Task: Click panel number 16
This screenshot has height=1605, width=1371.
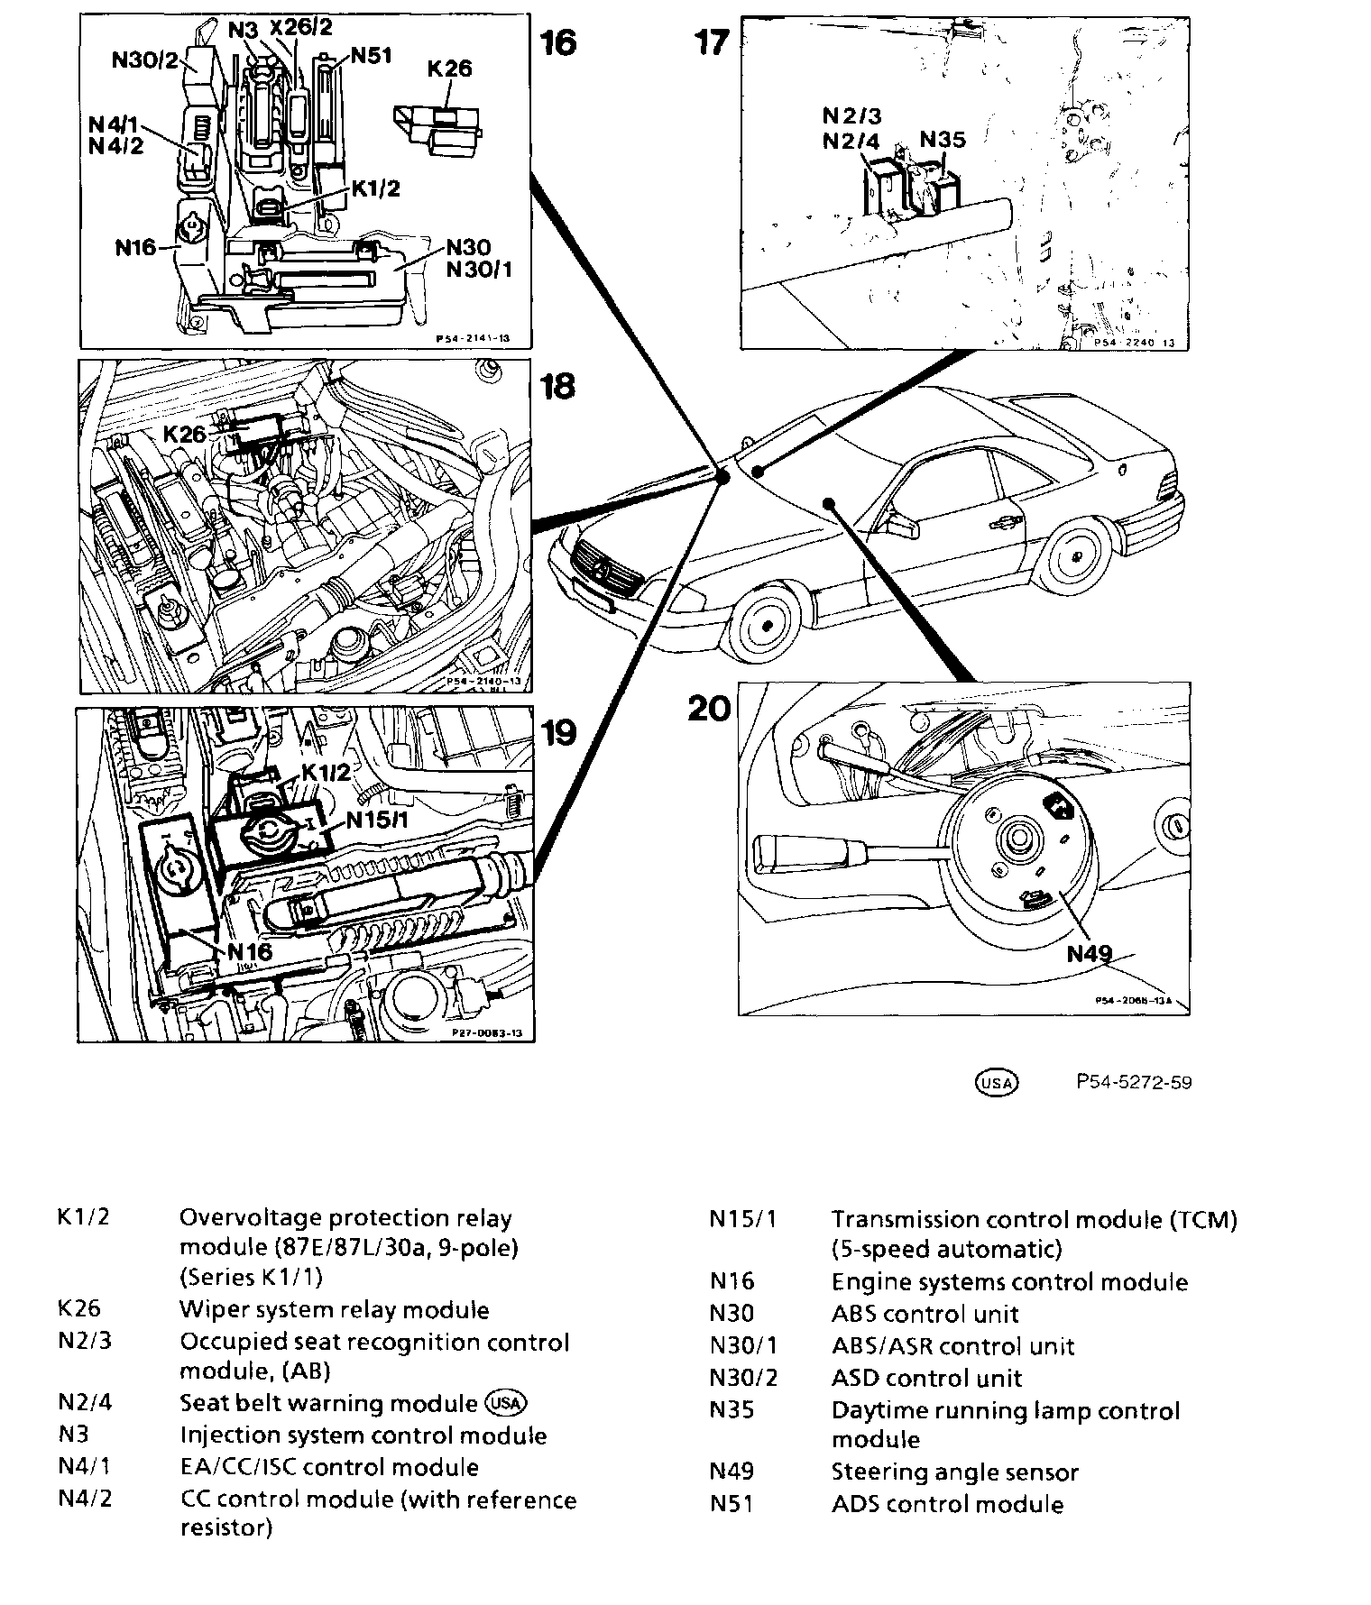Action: coord(558,42)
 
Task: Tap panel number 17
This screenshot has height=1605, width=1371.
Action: coord(711,42)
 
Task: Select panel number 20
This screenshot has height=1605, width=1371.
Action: coord(708,709)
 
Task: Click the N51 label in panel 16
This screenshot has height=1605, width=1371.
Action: coord(371,56)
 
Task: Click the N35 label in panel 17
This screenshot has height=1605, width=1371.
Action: coord(943,140)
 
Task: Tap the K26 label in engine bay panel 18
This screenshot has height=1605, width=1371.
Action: coord(185,434)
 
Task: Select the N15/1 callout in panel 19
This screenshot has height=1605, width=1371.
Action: coord(378,820)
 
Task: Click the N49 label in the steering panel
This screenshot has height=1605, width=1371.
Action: coord(1090,953)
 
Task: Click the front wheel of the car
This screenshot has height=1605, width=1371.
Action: coord(765,624)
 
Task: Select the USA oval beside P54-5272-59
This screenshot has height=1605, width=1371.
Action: coord(997,1082)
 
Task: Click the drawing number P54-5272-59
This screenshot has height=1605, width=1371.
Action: coord(1133,1082)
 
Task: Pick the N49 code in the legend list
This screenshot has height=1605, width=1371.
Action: coord(732,1472)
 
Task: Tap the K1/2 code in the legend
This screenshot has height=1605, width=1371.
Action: coord(83,1217)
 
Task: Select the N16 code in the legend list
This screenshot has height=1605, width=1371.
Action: coord(732,1282)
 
